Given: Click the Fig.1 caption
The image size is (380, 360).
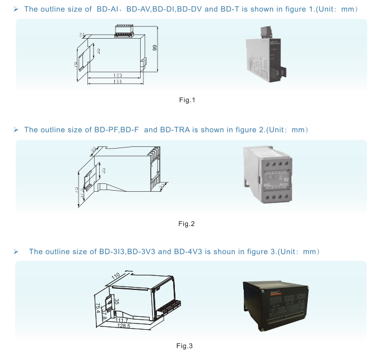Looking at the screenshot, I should point(186,100).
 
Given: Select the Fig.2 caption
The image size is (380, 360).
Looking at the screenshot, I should point(186,224).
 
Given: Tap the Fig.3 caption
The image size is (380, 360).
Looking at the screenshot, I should point(185,346).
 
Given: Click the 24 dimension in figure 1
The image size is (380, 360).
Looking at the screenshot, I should point(82,35).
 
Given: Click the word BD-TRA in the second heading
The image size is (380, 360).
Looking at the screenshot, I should point(175,130).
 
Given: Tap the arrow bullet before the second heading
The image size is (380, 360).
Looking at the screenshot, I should point(16,130).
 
